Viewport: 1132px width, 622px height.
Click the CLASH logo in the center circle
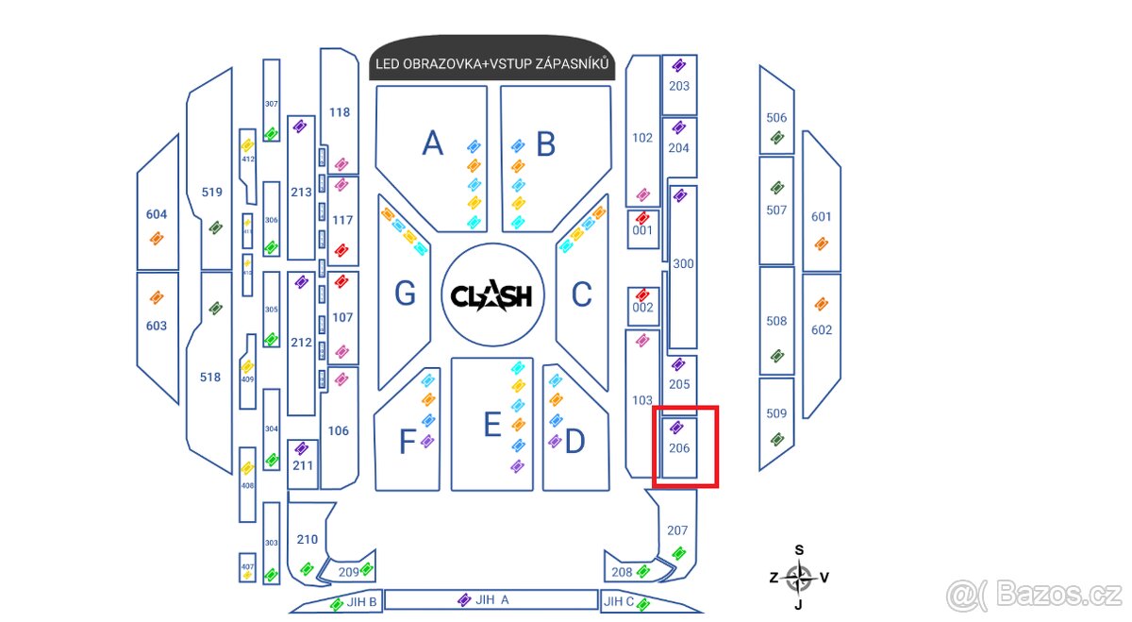[x=491, y=296]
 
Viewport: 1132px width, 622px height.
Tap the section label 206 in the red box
[x=679, y=447]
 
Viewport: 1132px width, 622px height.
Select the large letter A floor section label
[x=432, y=143]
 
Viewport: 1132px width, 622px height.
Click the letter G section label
[x=405, y=294]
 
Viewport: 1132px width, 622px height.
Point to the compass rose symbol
[x=799, y=576]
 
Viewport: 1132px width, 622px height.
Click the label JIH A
[x=491, y=599]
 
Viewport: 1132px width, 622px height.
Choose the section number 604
[x=156, y=214]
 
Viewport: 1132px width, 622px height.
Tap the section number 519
[x=211, y=193]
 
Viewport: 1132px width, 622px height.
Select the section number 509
[x=776, y=413]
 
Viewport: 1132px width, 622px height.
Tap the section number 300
[x=683, y=263]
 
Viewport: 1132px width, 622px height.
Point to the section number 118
[x=340, y=112]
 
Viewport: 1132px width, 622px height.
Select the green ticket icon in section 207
[x=678, y=553]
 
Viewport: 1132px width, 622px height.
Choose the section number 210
[x=307, y=540]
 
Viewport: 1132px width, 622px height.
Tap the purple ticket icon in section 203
[x=678, y=66]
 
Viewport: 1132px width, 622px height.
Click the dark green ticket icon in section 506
[x=776, y=138]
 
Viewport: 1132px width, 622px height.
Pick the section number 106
[x=338, y=430]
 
